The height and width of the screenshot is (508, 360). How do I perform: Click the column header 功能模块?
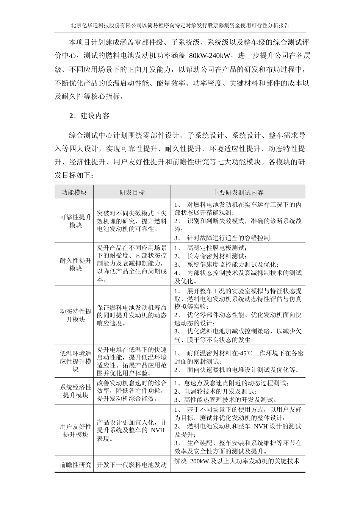(x=74, y=192)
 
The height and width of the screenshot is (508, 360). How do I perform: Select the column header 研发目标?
(x=132, y=192)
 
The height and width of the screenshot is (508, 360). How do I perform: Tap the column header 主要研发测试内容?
(x=238, y=192)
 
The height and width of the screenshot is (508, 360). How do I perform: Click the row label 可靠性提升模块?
(x=76, y=221)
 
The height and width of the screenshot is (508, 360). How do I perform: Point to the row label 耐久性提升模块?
(x=76, y=264)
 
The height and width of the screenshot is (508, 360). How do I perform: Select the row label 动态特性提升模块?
(x=76, y=316)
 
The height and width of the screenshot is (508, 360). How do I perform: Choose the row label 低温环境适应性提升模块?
(x=76, y=361)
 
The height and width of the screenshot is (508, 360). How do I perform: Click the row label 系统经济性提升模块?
(x=76, y=391)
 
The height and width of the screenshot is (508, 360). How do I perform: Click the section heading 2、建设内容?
(x=89, y=116)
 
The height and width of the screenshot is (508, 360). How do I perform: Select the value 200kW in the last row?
(x=197, y=461)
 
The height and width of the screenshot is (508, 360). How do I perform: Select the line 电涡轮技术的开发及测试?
(x=220, y=391)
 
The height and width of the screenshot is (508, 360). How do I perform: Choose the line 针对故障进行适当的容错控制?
(x=230, y=238)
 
